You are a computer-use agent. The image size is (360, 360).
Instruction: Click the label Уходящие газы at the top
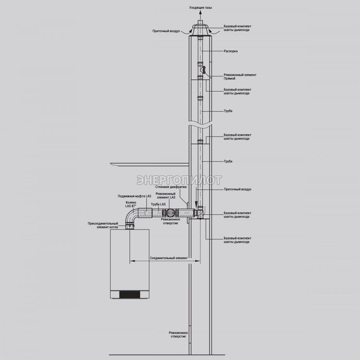point(200,8)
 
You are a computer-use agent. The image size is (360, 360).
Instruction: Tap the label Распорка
point(230,51)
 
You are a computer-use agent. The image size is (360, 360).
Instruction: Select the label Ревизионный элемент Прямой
point(240,76)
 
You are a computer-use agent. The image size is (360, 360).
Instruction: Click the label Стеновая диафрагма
point(171,187)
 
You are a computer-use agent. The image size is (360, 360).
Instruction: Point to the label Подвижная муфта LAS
point(134,196)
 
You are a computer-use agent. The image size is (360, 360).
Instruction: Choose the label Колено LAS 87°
point(131,204)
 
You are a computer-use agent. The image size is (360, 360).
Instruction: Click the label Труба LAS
point(158,204)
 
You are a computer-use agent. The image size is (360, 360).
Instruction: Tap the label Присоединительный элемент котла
point(103,225)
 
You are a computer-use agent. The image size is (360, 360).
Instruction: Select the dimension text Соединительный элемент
point(169,258)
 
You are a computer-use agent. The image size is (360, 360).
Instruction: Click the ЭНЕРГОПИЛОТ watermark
point(179,180)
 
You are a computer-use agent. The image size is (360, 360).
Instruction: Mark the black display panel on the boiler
point(130,294)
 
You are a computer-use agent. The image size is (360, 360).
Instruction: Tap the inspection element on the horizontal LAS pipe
point(170,213)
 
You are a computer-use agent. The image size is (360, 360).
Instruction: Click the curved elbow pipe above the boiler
point(132,216)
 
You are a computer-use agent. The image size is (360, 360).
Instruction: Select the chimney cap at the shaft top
point(200,29)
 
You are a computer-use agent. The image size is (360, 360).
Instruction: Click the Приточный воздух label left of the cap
point(166,31)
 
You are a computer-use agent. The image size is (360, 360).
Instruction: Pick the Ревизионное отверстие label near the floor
point(178,334)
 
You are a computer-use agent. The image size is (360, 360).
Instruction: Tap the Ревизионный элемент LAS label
point(165,195)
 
